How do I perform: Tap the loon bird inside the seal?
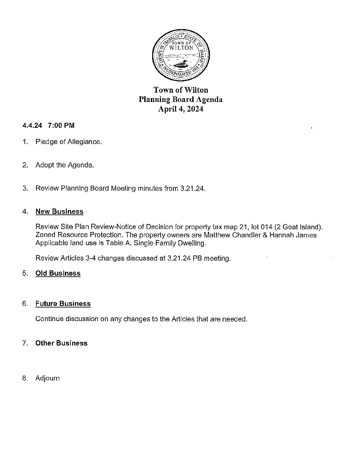click(180, 64)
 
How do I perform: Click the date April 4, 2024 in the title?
click(180, 109)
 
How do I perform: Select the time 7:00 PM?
click(61, 125)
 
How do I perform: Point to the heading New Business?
click(59, 211)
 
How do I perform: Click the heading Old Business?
click(58, 273)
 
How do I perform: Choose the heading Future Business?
click(63, 303)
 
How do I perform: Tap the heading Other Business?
click(61, 343)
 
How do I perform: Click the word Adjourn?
click(48, 378)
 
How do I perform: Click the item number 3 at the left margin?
click(25, 189)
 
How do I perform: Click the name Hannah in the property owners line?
click(282, 235)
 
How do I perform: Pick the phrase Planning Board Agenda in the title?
click(180, 99)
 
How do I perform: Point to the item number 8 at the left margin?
click(25, 378)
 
